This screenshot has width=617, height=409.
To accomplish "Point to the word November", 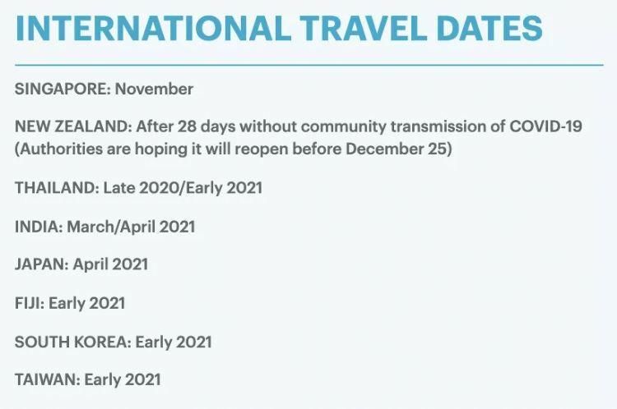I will click(x=154, y=89).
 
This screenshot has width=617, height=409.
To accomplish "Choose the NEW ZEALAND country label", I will click(x=72, y=126).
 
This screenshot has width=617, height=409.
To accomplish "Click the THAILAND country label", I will click(x=56, y=187).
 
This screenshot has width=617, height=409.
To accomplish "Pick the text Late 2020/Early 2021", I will click(x=183, y=187).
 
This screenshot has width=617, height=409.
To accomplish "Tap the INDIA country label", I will click(x=37, y=226).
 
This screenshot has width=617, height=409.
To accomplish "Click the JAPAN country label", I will click(x=40, y=264).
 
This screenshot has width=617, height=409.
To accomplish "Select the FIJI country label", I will click(x=29, y=303).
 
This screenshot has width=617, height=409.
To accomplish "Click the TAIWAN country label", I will click(x=45, y=379).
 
